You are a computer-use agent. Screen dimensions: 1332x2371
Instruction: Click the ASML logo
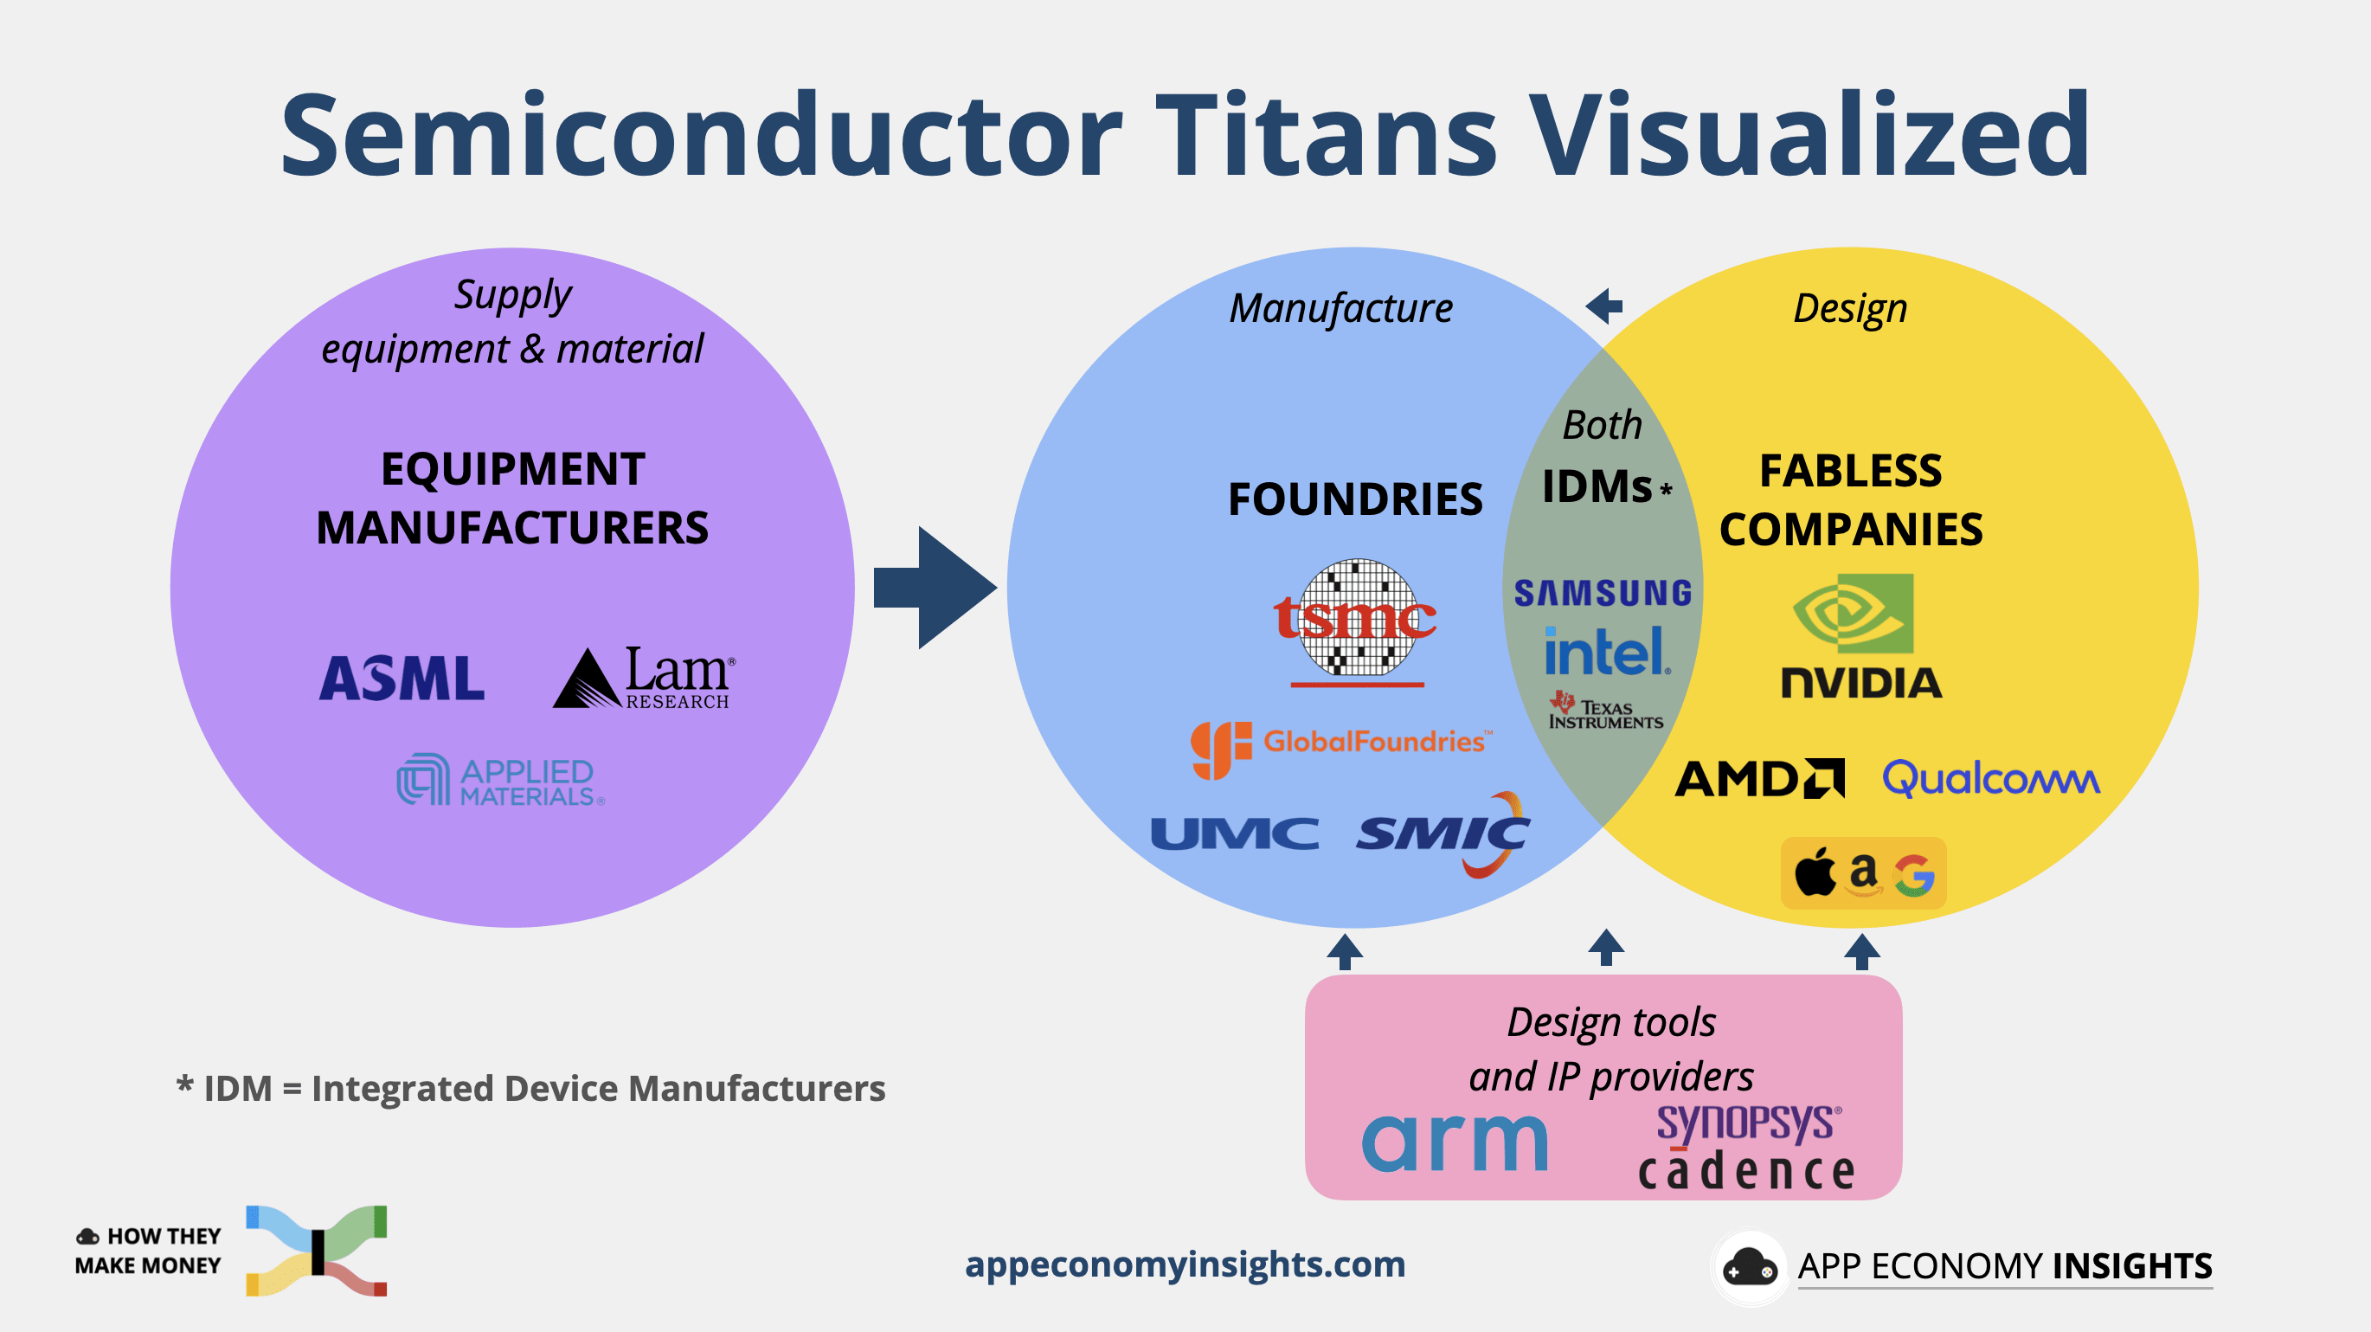click(x=402, y=679)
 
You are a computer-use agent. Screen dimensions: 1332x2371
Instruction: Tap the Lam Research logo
click(x=644, y=679)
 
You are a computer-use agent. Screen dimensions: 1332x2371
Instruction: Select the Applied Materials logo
click(x=501, y=781)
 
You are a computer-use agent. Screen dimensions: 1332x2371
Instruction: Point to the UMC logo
click(x=1234, y=834)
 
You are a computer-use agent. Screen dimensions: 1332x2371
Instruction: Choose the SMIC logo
click(x=1443, y=834)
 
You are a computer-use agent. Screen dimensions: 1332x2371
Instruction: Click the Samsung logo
click(x=1603, y=593)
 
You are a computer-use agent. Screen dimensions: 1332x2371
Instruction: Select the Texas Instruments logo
click(x=1605, y=711)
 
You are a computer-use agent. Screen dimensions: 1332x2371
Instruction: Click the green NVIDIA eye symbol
click(x=1854, y=613)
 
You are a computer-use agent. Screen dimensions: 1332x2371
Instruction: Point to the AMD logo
click(x=1759, y=779)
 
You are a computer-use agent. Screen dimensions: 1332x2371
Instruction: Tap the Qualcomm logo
click(x=1991, y=779)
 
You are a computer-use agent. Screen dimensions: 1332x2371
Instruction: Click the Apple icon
click(x=1815, y=872)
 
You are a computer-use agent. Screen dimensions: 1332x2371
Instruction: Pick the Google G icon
click(x=1914, y=874)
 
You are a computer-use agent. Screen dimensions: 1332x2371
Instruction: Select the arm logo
click(x=1455, y=1142)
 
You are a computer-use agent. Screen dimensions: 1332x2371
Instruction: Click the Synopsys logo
click(x=1748, y=1123)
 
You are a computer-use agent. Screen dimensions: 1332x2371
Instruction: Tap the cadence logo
click(x=1746, y=1172)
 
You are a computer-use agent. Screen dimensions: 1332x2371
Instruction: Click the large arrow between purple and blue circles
click(x=935, y=588)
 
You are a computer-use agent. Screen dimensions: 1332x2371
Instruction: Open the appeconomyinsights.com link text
click(x=1185, y=1264)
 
